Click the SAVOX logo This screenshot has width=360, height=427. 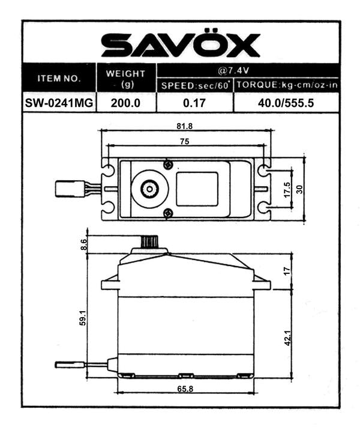pyautogui.click(x=181, y=44)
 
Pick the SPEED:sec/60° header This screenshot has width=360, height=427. pyautogui.click(x=194, y=86)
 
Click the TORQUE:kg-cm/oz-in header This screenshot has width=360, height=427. pyautogui.click(x=286, y=86)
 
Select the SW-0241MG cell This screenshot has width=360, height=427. pyautogui.click(x=59, y=103)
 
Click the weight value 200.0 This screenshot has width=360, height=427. pyautogui.click(x=126, y=103)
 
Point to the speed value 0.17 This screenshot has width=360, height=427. pyautogui.click(x=194, y=103)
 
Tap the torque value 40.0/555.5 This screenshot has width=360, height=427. pyautogui.click(x=286, y=103)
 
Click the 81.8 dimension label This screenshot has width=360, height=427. pyautogui.click(x=185, y=127)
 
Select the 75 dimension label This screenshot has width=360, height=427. pyautogui.click(x=184, y=141)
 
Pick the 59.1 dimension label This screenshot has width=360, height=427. pyautogui.click(x=83, y=318)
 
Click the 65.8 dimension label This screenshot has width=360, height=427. pyautogui.click(x=185, y=389)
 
